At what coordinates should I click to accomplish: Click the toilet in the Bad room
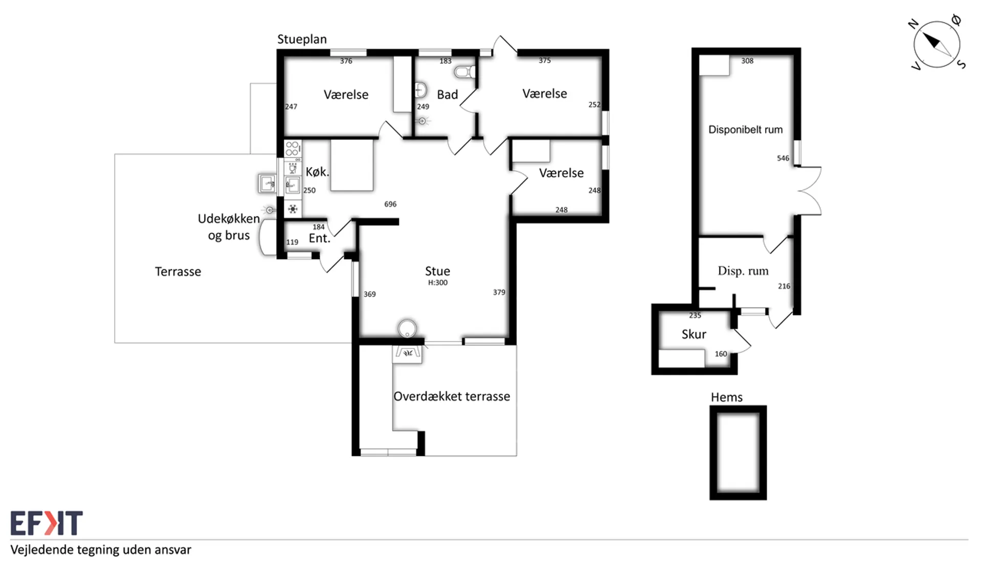464,72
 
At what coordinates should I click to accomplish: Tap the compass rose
937,44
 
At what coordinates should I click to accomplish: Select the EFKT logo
47,523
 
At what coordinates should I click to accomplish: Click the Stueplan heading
302,39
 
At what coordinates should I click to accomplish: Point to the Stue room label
438,271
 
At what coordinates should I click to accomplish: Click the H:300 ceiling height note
438,283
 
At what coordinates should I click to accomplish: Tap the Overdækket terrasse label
452,396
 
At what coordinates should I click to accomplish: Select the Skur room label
694,334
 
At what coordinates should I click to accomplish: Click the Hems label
727,397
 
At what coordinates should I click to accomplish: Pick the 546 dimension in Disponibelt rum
783,158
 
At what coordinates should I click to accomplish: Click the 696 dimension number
390,204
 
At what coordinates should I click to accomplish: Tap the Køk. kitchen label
318,172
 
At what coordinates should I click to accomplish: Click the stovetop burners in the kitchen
293,149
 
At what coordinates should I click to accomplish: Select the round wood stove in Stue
407,329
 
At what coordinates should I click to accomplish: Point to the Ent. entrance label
320,238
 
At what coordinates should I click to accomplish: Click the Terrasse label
178,272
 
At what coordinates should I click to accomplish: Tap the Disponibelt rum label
745,130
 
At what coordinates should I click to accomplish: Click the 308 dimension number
747,61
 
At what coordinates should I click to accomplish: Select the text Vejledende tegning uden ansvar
101,550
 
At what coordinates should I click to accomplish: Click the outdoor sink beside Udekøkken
267,183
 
